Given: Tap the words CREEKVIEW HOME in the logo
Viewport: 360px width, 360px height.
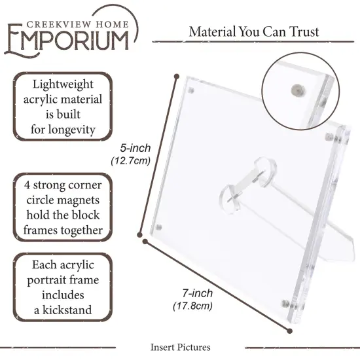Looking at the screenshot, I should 77,13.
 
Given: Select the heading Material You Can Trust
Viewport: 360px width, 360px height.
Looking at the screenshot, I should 254,31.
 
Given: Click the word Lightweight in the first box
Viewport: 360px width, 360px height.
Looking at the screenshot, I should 63,84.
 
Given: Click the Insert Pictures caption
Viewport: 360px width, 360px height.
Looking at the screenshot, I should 180,347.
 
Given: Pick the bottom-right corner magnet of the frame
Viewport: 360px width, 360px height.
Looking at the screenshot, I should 286,303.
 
